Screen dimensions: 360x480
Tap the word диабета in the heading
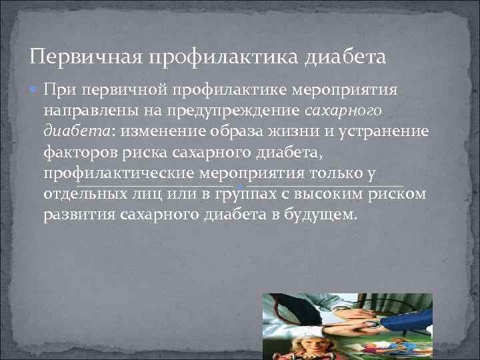(345, 56)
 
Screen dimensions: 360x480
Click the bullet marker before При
(35, 89)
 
